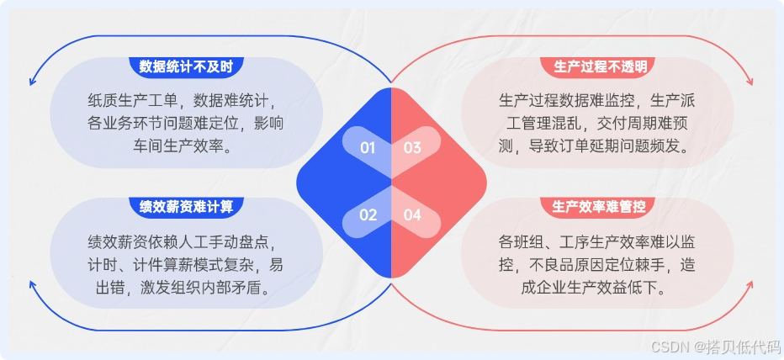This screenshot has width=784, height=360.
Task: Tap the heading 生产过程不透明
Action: point(600,66)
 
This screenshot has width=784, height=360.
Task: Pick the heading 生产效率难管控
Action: point(600,206)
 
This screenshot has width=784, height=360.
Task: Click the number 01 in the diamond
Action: point(368,148)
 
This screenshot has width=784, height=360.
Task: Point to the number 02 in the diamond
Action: point(368,214)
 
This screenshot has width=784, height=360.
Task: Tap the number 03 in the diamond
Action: point(413,148)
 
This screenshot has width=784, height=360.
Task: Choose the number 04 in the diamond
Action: point(413,214)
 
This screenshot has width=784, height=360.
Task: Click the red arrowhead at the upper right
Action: point(750,82)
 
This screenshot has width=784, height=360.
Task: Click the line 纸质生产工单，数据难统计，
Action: point(187,100)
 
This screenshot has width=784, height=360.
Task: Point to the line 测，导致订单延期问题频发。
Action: point(595,145)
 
